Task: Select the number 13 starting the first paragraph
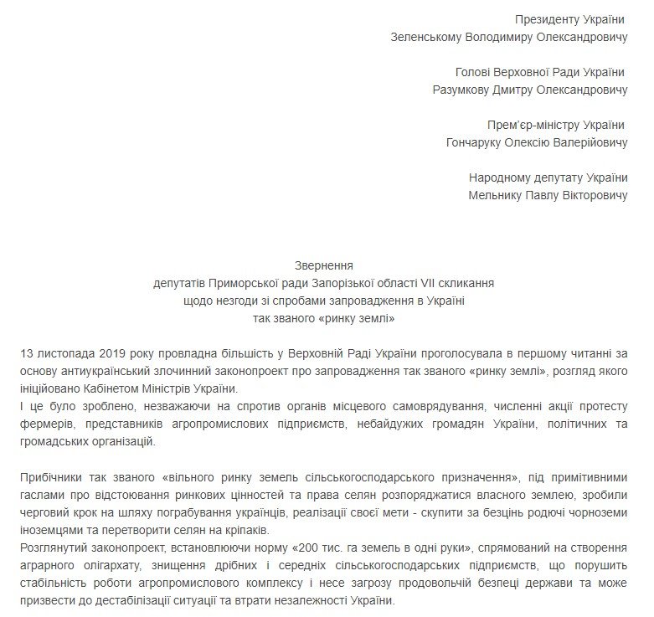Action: pyautogui.click(x=27, y=353)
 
